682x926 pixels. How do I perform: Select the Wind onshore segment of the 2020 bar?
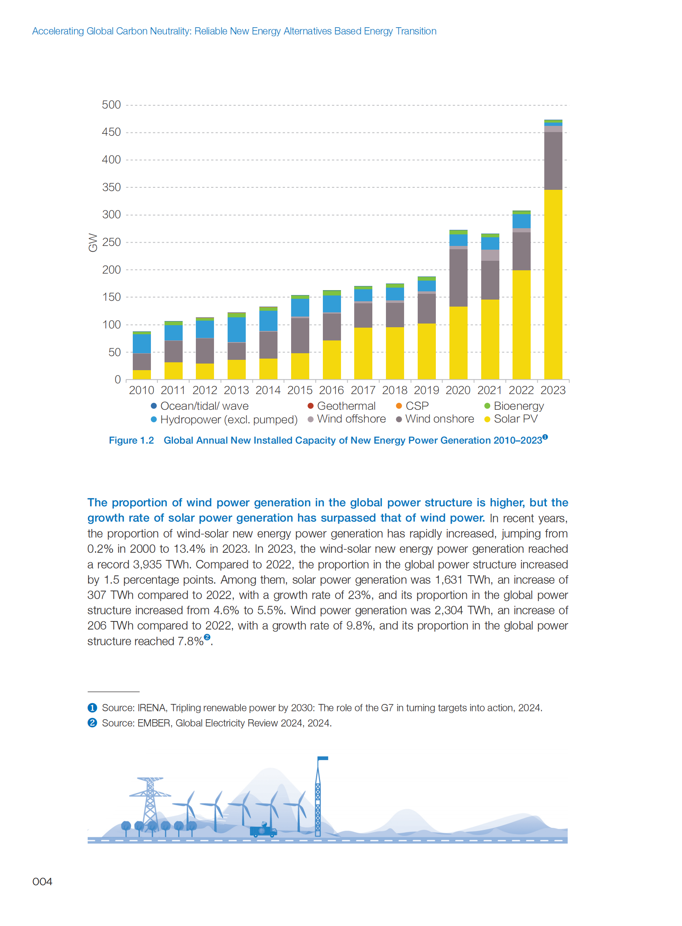coord(458,278)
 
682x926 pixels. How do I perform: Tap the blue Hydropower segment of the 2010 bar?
coord(141,343)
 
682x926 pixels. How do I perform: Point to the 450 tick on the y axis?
coord(111,132)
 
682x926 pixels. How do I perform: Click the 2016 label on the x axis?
coord(331,390)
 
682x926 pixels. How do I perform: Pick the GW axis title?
coord(93,243)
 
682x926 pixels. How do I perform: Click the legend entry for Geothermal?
coord(346,406)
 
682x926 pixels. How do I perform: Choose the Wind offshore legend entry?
coord(351,419)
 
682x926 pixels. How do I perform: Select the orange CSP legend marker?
coord(399,406)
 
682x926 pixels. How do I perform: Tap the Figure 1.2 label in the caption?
coord(131,440)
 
